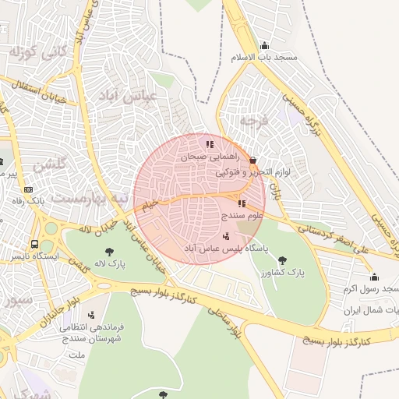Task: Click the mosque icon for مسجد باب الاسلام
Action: (264, 45)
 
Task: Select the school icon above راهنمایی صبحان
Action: (209, 144)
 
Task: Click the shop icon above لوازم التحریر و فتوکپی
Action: (252, 160)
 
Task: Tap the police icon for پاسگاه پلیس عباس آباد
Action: (226, 235)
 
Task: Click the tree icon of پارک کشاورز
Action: (281, 260)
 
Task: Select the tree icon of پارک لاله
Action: (108, 251)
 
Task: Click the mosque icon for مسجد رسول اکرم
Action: (374, 277)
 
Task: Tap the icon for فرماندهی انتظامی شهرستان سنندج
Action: (92, 316)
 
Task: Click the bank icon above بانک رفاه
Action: (29, 189)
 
